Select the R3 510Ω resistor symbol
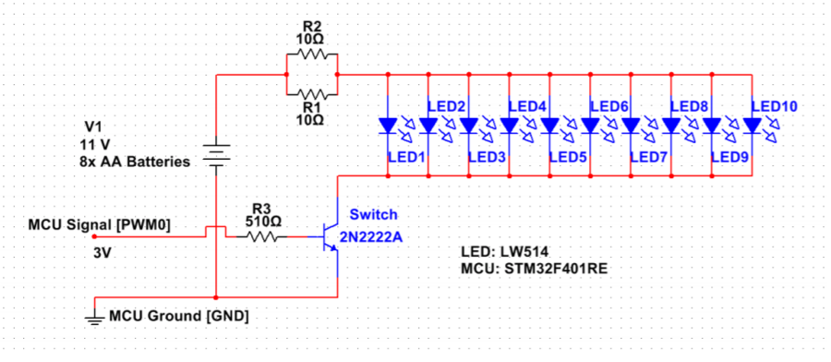(263, 236)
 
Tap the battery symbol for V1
(215, 154)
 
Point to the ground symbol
(95, 319)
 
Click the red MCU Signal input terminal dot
(93, 235)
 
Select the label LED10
(774, 107)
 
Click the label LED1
(407, 157)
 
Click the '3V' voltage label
(103, 251)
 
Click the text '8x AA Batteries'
(135, 161)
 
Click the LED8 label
(689, 107)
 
